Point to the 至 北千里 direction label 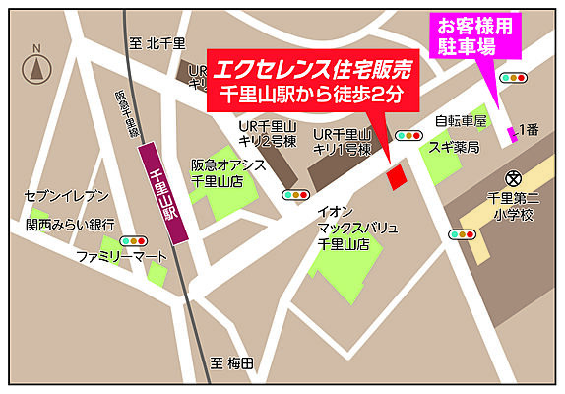[x=157, y=43]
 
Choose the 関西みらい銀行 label [x=70, y=225]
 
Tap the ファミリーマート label [x=122, y=257]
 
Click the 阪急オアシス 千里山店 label [x=228, y=173]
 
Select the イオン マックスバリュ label [x=357, y=229]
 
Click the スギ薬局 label [x=453, y=147]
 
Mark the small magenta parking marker [x=511, y=133]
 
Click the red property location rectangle [x=395, y=178]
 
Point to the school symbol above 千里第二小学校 [x=512, y=178]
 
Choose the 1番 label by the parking [x=530, y=129]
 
